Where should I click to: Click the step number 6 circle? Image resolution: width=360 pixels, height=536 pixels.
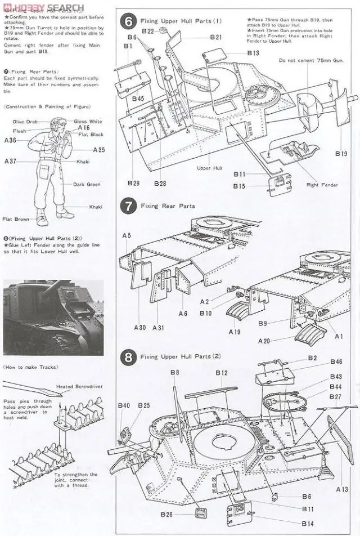pos(129,22)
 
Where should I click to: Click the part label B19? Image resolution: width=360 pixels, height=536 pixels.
pos(341,153)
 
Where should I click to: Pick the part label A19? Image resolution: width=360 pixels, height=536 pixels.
pos(235,332)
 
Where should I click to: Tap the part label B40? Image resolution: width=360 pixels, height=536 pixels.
pos(124,405)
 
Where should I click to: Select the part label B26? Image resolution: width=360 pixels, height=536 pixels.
pos(166,514)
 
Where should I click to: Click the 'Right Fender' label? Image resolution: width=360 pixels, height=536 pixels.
pos(321,185)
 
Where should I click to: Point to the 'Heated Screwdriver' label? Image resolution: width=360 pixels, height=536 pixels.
pos(76,387)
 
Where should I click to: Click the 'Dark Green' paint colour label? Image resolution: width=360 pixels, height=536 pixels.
pos(86,184)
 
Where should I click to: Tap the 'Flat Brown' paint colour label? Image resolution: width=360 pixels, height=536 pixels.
pos(15,219)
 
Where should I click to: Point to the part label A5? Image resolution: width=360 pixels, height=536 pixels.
pos(127,235)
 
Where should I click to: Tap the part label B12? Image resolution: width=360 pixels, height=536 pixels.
pos(222,373)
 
